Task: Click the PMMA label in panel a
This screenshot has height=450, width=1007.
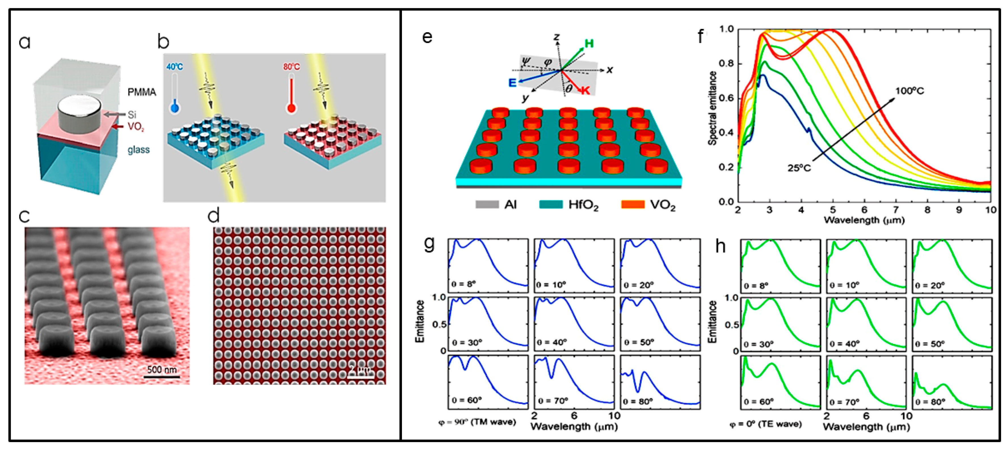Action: pos(142,92)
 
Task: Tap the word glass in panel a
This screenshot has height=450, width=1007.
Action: pos(138,150)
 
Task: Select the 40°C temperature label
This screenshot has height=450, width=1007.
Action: pos(174,67)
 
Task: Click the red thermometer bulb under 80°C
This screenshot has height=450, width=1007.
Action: pos(291,108)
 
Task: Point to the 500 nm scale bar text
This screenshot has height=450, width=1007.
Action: pos(162,369)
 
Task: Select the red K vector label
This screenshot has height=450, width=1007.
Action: pos(585,91)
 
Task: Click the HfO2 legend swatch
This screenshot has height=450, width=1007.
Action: pos(551,204)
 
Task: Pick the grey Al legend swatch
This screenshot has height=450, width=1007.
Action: pos(487,204)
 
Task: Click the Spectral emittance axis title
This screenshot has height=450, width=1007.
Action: pos(713,108)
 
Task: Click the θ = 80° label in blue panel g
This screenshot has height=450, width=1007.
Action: pos(638,401)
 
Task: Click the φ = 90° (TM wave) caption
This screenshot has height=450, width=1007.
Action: pos(477,422)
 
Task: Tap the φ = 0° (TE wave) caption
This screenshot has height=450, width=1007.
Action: pos(765,424)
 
